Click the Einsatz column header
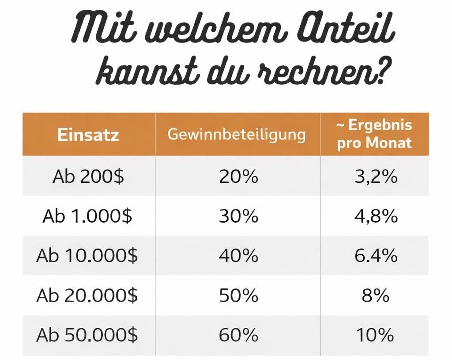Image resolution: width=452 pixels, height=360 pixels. (88, 134)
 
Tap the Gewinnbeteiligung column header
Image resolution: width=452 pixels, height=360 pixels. (237, 134)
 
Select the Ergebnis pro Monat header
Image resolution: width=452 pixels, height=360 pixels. (374, 134)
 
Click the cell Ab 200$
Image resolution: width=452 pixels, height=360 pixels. (88, 177)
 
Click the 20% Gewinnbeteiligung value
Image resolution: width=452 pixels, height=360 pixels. (238, 177)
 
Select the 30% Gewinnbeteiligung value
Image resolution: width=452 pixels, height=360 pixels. (238, 216)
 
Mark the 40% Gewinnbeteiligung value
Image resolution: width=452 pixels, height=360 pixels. (238, 256)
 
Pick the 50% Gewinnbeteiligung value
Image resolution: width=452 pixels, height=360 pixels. (238, 296)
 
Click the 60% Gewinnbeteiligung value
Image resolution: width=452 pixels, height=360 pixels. (238, 335)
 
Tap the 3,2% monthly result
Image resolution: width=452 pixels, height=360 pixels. (376, 177)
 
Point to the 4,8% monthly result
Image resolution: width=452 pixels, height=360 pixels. (376, 216)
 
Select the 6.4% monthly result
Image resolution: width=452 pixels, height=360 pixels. (376, 256)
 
